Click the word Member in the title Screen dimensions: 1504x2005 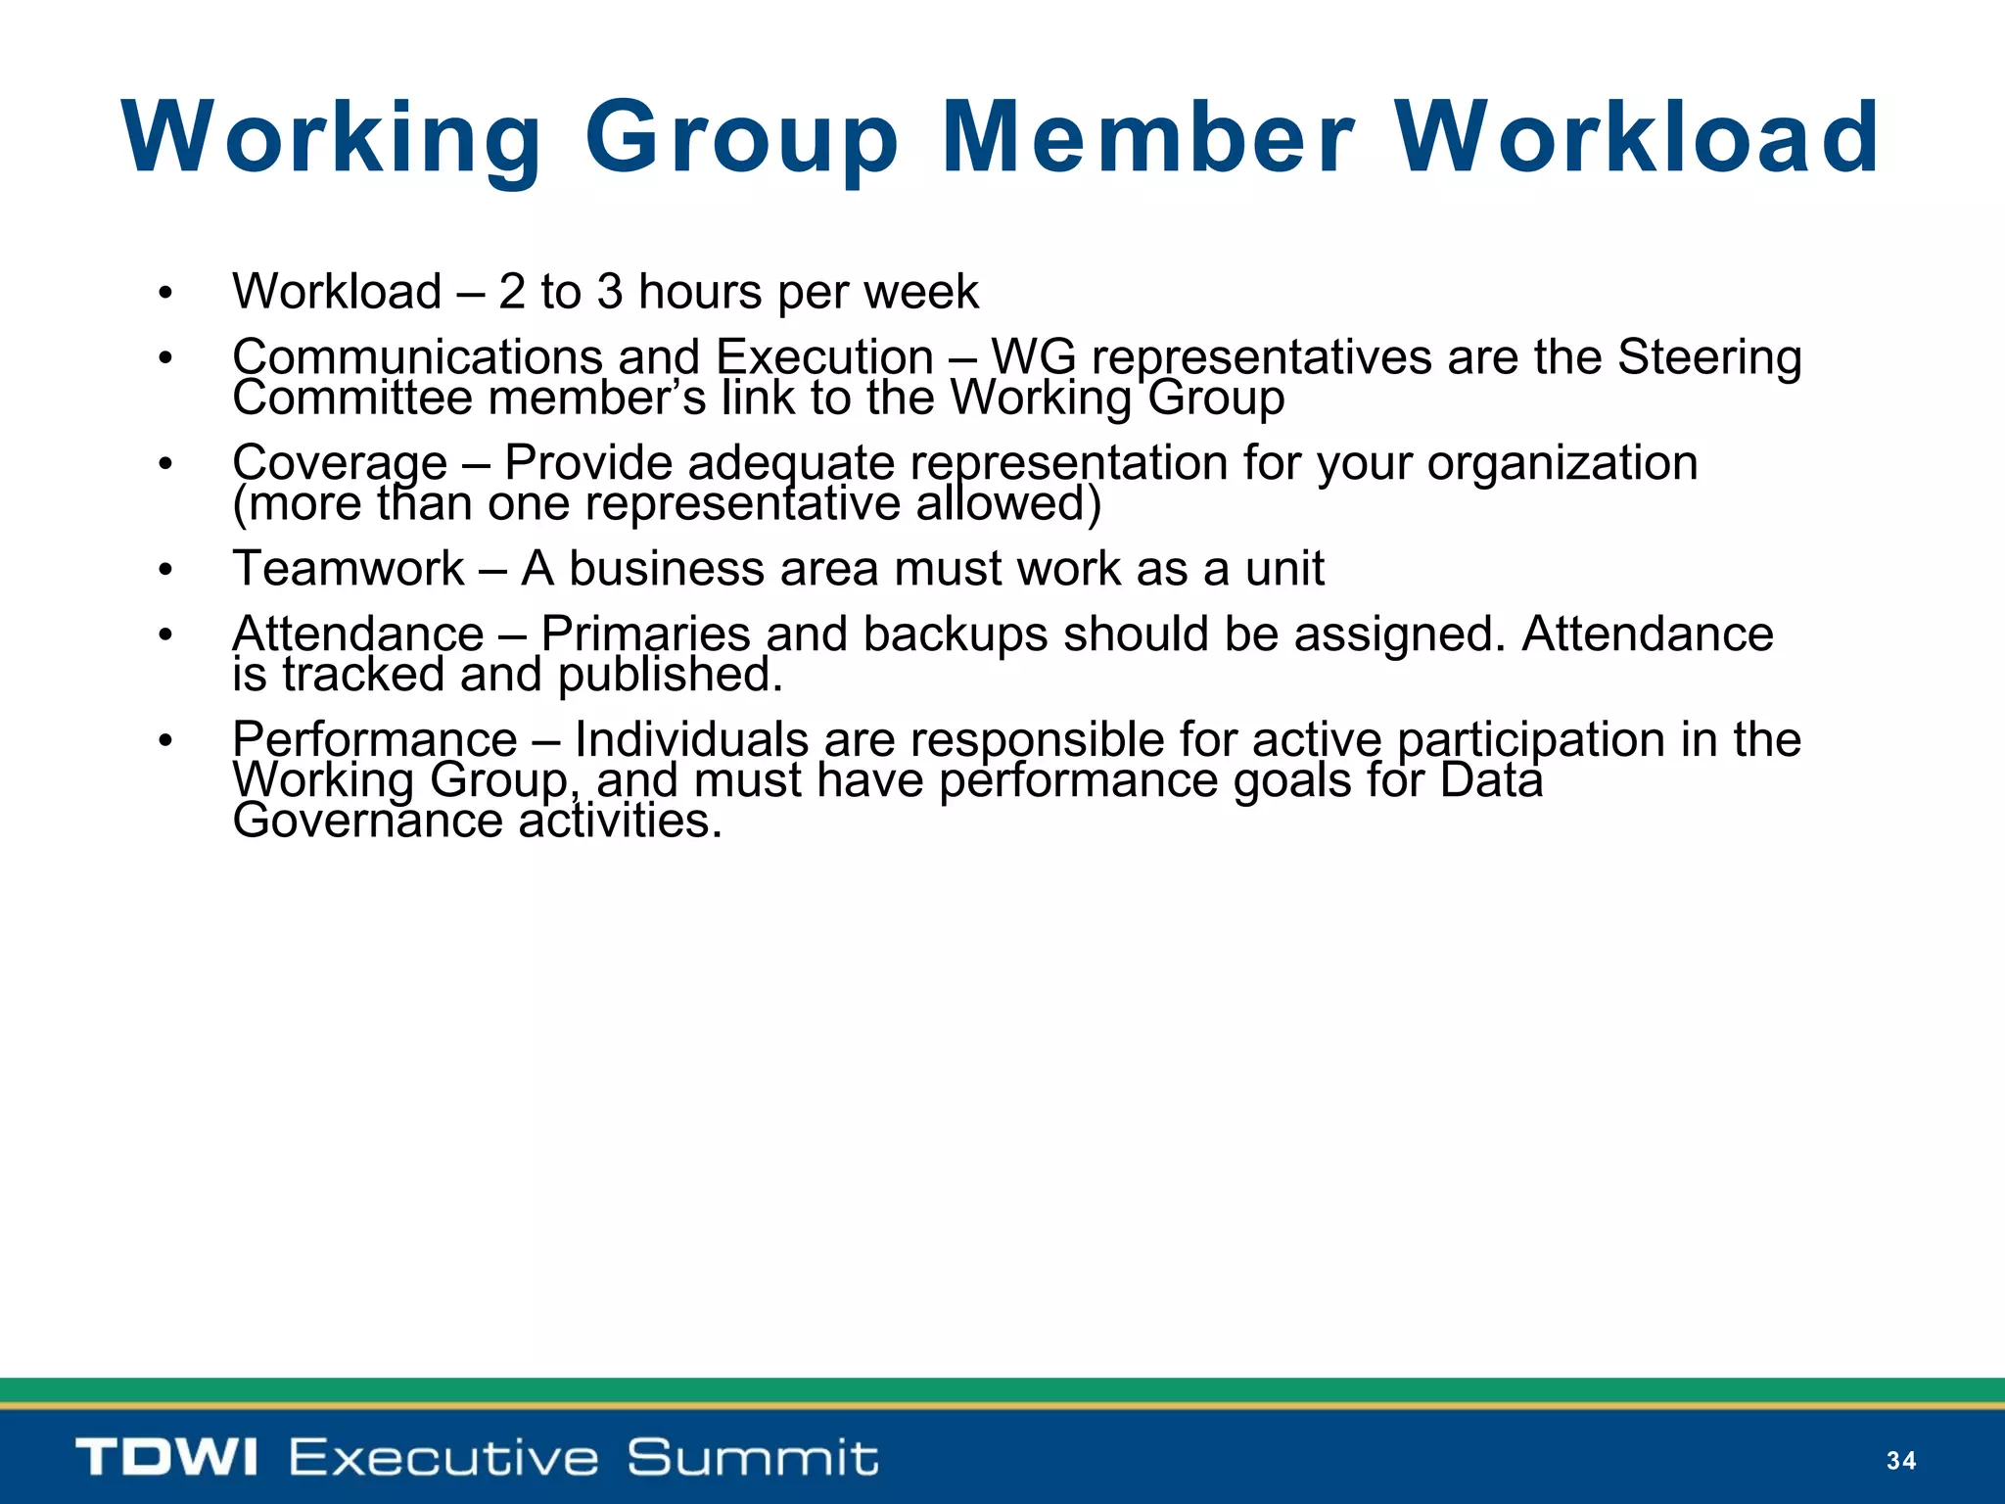[1148, 138]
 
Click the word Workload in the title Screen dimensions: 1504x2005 [1636, 138]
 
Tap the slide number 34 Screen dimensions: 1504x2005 [1900, 1461]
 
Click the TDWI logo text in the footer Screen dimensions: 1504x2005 [166, 1457]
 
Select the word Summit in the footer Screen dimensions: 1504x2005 [752, 1457]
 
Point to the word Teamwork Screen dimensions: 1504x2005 [349, 569]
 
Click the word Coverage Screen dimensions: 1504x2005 [340, 463]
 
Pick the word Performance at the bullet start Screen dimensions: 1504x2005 [375, 739]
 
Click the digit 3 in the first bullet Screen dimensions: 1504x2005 [610, 292]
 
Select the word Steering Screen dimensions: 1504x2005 [1708, 357]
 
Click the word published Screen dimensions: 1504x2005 [671, 675]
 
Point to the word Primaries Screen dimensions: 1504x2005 [645, 634]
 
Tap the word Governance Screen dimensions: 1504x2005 [368, 821]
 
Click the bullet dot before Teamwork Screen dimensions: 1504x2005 [165, 570]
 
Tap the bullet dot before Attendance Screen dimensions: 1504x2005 [165, 635]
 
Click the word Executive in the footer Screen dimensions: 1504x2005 [443, 1457]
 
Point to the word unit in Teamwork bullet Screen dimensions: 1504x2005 [1284, 569]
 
